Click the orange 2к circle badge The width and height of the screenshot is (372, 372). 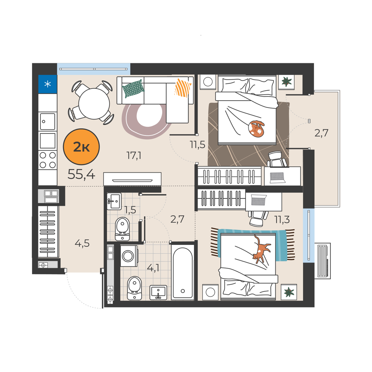81,147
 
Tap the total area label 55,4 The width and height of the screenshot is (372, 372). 81,174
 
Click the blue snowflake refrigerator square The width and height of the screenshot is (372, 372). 47,84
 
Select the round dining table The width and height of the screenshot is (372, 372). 94,104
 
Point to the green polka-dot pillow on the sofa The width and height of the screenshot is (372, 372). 133,89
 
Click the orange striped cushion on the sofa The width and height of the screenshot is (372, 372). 183,88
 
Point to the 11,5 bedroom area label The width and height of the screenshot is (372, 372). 197,144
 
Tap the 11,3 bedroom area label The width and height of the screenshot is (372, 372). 282,219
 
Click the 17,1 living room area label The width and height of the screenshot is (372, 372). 134,155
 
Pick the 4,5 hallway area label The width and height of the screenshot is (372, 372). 82,243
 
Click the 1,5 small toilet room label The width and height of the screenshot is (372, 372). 130,210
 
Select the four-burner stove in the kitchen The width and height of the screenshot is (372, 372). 47,160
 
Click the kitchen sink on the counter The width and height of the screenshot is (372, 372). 47,122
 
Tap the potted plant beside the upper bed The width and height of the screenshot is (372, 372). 286,82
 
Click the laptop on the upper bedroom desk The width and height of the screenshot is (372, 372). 277,178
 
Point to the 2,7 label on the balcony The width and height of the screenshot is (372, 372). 321,133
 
